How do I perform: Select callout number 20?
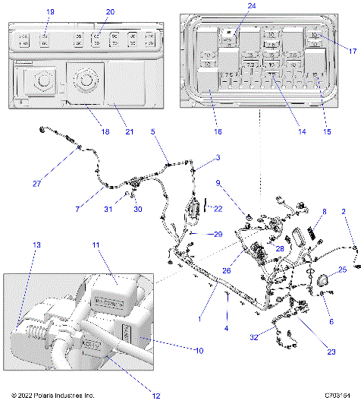tap(111, 12)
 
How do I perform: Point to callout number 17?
tap(353, 51)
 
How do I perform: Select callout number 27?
tap(37, 181)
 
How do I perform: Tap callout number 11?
tap(96, 245)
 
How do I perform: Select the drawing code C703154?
tap(338, 396)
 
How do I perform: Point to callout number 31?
tap(108, 209)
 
